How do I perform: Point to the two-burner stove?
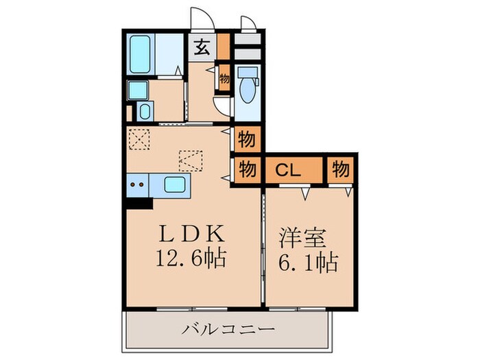tap(136, 184)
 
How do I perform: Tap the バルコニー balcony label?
tap(228, 330)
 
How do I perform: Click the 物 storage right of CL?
tap(341, 169)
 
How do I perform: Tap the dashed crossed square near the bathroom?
tap(139, 140)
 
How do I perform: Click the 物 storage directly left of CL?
tap(248, 169)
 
